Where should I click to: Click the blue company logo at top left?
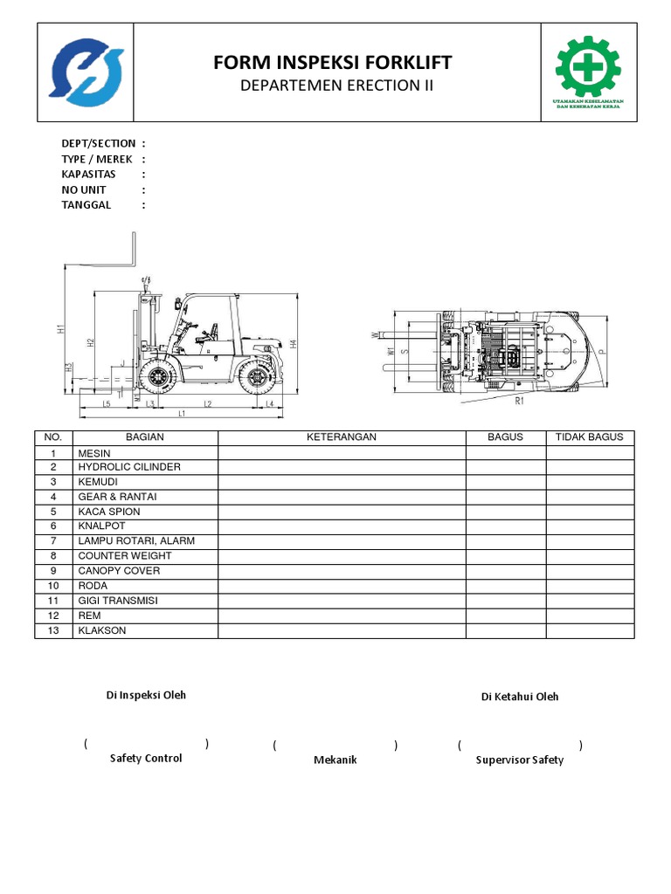(x=84, y=72)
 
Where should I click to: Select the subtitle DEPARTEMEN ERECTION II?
(x=336, y=86)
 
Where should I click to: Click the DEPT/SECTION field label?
(x=98, y=143)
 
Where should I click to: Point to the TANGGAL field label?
(x=86, y=205)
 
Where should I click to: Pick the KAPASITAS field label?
(x=88, y=174)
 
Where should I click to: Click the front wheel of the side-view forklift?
(x=158, y=377)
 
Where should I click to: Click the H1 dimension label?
(x=61, y=330)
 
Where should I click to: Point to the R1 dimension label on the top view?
(x=519, y=402)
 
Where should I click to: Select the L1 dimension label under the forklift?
(x=182, y=413)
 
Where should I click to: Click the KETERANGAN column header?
(x=341, y=437)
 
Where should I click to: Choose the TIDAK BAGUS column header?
(x=590, y=437)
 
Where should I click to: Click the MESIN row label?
(x=93, y=453)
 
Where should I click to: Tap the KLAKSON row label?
(x=102, y=630)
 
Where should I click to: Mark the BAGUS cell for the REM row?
(x=506, y=615)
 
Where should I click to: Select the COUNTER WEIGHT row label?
(x=124, y=556)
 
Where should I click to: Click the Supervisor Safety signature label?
(x=519, y=760)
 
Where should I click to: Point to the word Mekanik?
(x=335, y=760)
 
